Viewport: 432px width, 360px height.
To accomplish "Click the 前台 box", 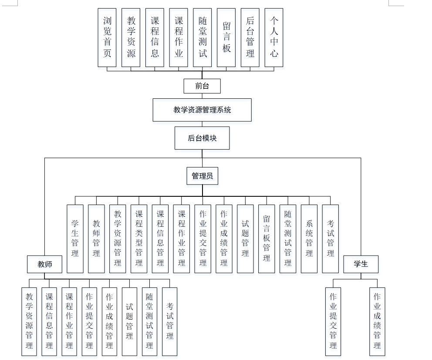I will [x=202, y=86].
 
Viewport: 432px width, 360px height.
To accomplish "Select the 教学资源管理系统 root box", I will [x=202, y=110].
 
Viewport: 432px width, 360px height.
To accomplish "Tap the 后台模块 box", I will [x=202, y=138].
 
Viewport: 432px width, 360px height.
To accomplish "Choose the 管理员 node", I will [x=202, y=176].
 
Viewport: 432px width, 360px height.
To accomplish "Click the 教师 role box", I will [x=44, y=264].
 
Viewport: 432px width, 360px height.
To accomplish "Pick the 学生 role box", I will [x=361, y=264].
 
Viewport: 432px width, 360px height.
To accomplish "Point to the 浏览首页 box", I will [x=107, y=37].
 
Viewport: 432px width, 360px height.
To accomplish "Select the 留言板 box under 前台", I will [x=226, y=37].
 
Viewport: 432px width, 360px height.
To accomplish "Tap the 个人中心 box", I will [x=274, y=37].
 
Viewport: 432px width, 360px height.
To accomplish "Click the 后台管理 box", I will [x=250, y=37].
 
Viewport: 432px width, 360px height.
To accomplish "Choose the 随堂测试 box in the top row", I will [x=202, y=37].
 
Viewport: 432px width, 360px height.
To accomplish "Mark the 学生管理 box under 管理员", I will [x=75, y=239].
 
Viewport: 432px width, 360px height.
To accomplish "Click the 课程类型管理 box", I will [x=139, y=239].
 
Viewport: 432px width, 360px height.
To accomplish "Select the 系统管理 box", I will [x=309, y=239].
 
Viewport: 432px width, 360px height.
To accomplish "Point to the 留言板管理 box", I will [x=267, y=239].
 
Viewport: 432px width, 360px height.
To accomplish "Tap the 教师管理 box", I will [x=96, y=239].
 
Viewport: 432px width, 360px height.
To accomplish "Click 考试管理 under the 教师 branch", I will [x=170, y=321].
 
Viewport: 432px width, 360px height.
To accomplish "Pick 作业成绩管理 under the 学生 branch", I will [x=377, y=321].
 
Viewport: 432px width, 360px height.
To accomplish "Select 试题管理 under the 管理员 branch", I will [x=245, y=239].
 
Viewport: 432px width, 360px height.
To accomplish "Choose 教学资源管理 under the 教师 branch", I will [x=29, y=321].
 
